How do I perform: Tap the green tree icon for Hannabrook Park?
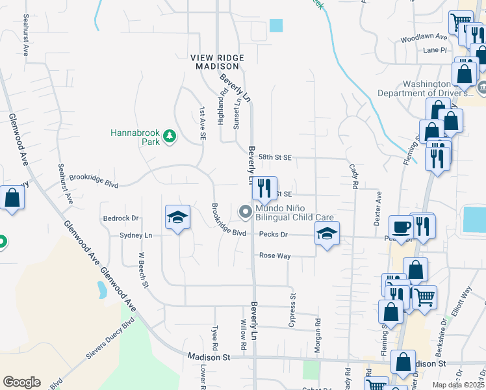[x=169, y=136]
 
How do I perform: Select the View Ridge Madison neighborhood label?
[x=217, y=62]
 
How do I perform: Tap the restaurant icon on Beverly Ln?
[x=264, y=188]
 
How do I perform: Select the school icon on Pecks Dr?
[x=327, y=234]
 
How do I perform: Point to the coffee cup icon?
[x=401, y=227]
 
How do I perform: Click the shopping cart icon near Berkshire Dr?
[x=424, y=297]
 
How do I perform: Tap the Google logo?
[x=21, y=382]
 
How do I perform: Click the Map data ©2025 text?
[x=458, y=385]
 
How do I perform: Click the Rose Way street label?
[x=275, y=256]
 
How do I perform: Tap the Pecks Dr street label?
[x=273, y=234]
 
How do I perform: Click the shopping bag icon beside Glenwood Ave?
[x=12, y=198]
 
